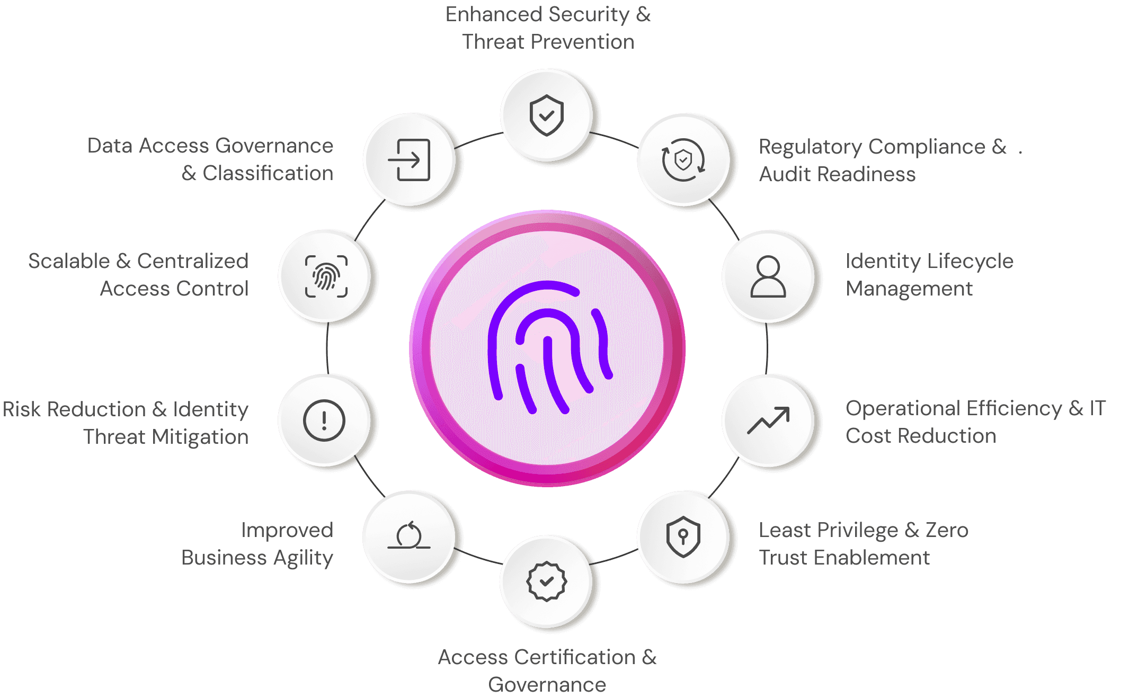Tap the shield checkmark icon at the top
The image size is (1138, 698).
(x=546, y=115)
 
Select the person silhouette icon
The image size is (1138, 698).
(x=768, y=276)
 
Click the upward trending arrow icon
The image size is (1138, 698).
(x=768, y=420)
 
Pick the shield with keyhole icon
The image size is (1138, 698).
(x=683, y=536)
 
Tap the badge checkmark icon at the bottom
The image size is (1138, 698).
(x=546, y=581)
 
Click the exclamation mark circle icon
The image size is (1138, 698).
(x=324, y=420)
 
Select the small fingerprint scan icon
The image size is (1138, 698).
(x=326, y=276)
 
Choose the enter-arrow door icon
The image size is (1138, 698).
(x=409, y=159)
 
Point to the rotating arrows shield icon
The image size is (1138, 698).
(x=683, y=159)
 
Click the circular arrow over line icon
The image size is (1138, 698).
(x=409, y=536)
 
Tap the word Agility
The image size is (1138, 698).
(x=303, y=558)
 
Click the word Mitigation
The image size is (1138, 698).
(x=200, y=437)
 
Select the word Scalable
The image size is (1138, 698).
(x=69, y=261)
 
